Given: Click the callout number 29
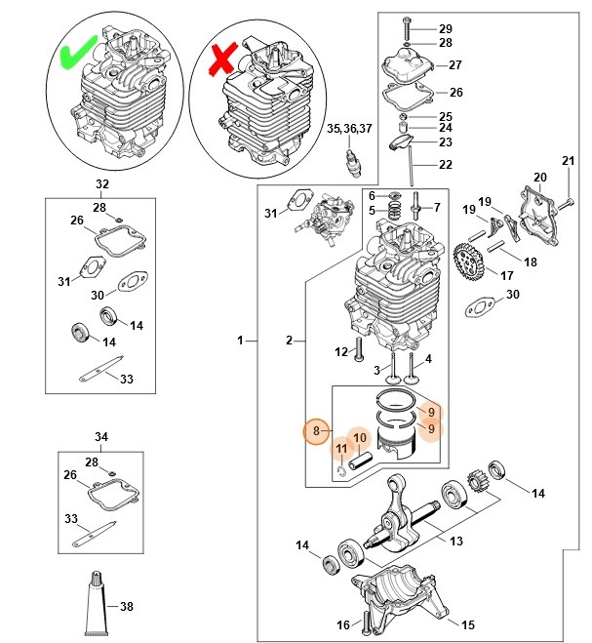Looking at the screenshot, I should (445, 28).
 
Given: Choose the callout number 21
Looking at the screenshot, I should (569, 161).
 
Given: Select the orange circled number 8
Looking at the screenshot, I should (315, 430).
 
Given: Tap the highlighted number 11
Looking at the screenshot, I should (341, 449).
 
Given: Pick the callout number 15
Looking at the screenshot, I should (467, 624).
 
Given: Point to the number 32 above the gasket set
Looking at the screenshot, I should (102, 184).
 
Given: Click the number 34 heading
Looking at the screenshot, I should (102, 435).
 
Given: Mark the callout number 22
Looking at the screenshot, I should (445, 164).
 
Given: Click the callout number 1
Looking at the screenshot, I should (240, 341).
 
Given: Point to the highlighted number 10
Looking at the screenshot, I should (359, 437).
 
